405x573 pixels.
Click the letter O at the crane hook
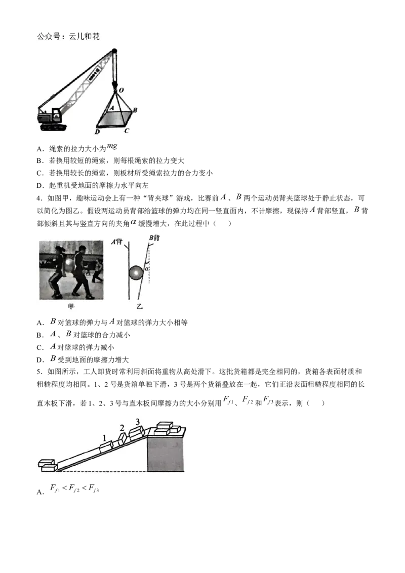coord(121,90)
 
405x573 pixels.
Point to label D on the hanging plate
coord(97,132)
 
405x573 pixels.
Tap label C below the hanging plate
coord(127,131)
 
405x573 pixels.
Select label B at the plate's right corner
coord(135,110)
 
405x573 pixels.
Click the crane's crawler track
coord(53,127)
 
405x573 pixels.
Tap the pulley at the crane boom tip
coord(114,52)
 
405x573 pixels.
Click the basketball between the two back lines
coord(136,273)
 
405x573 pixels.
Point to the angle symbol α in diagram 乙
coord(147,269)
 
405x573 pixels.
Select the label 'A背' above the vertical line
coord(117,241)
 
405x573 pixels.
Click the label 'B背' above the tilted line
coord(154,238)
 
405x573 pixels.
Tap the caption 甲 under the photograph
coord(71,306)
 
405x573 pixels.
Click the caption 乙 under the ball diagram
coord(139,306)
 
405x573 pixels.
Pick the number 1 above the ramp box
coord(104,438)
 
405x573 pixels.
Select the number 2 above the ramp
coord(122,428)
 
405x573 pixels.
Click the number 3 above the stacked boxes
coord(137,422)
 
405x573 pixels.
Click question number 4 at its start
coord(38,198)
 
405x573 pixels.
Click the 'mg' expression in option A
coord(112,147)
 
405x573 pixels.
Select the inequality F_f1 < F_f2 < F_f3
coord(74,488)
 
